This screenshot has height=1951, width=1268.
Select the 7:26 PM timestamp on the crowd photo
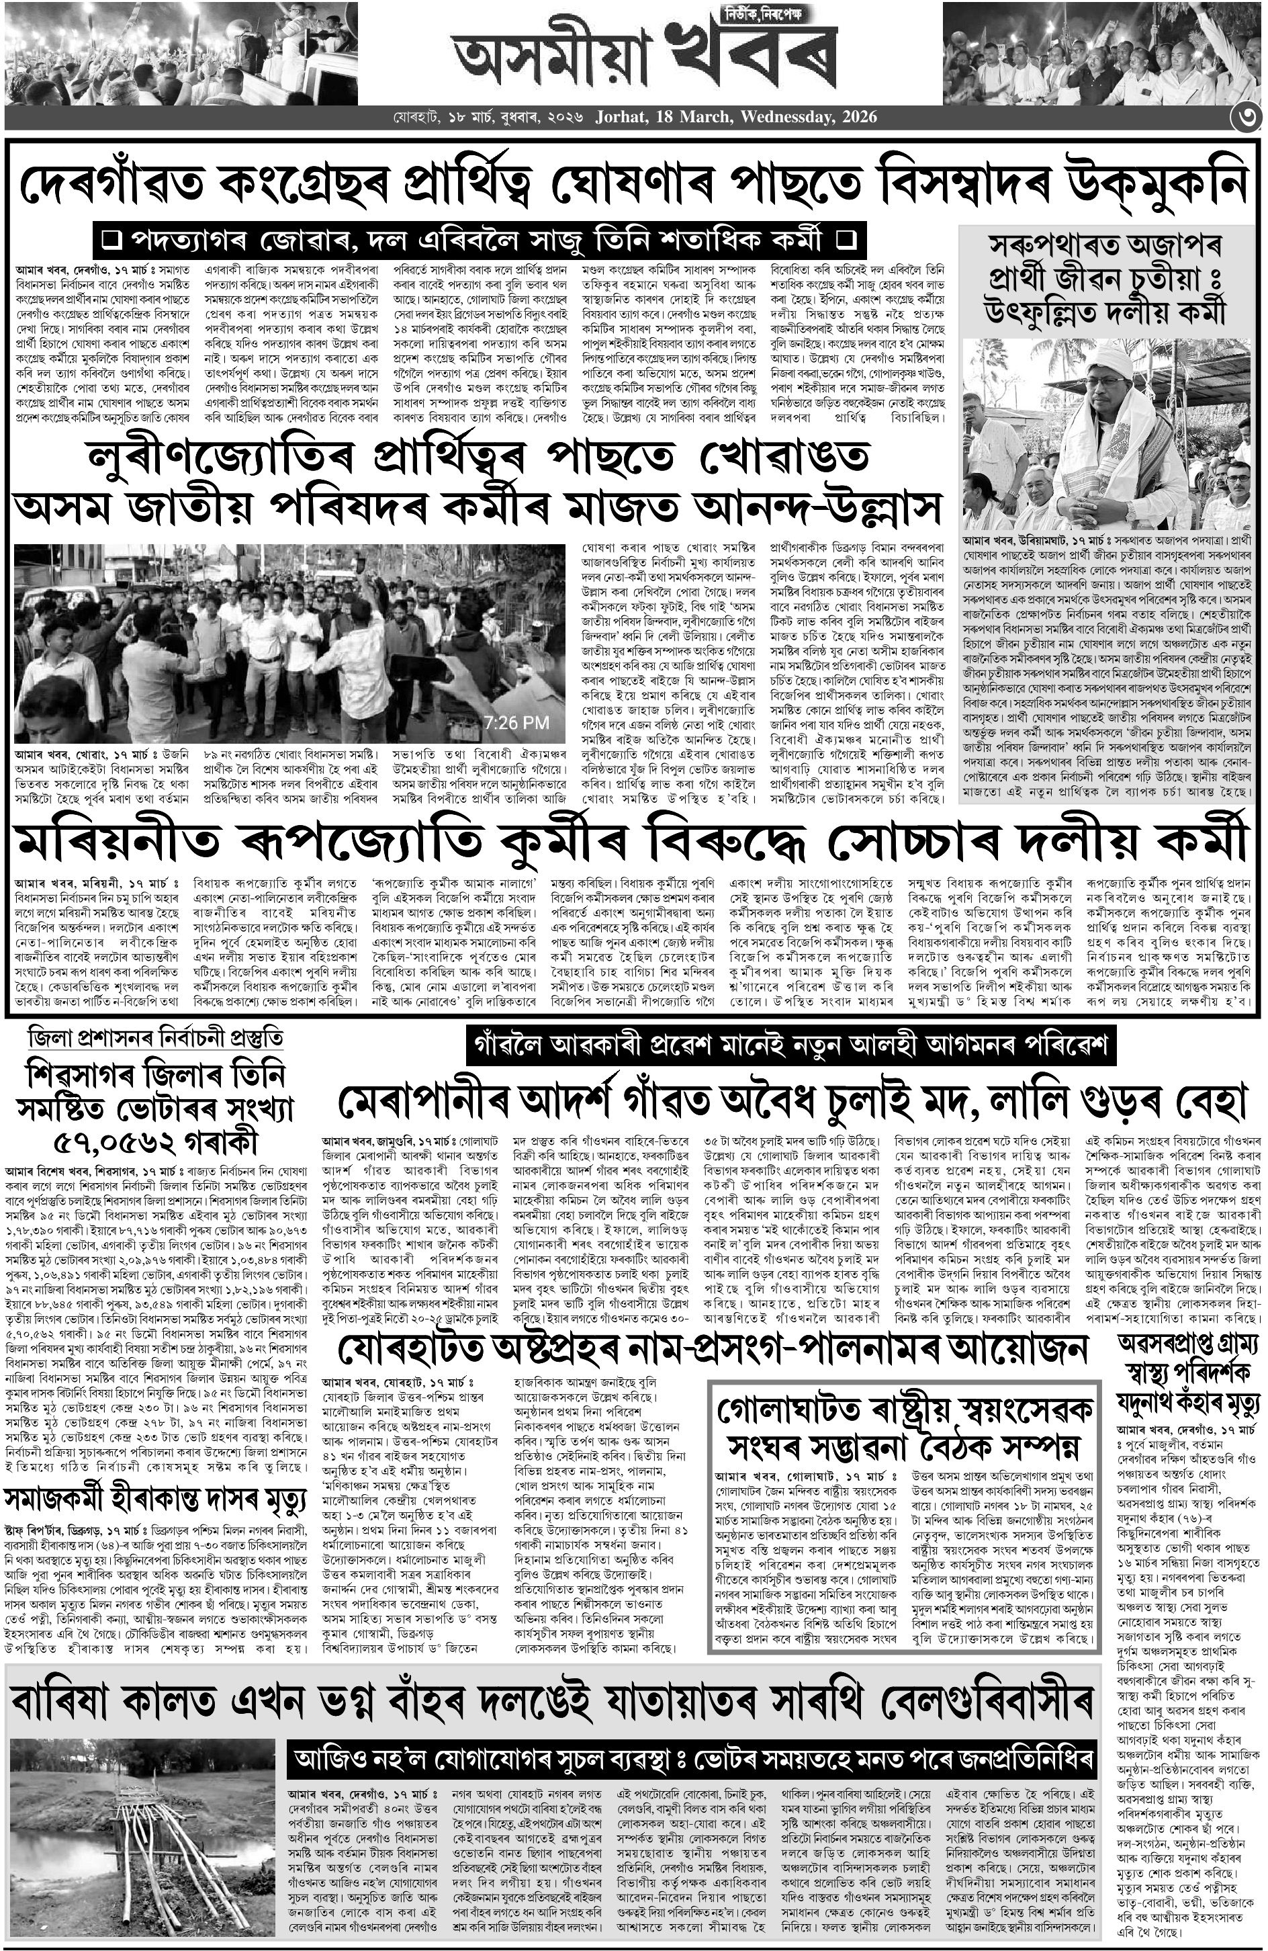point(516,722)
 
